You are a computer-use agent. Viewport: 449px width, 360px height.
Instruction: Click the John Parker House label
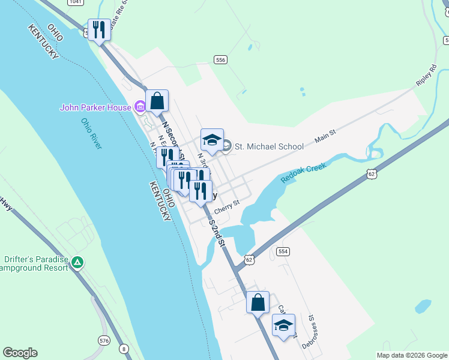click(x=95, y=107)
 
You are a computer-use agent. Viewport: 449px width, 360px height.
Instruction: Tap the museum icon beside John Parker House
click(x=140, y=107)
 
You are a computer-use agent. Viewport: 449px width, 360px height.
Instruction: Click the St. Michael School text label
click(x=269, y=146)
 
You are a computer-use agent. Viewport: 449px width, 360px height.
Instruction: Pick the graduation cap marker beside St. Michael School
click(x=212, y=140)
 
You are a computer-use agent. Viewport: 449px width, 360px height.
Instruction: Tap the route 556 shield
click(x=220, y=59)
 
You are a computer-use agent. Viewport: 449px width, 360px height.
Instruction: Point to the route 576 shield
click(x=104, y=340)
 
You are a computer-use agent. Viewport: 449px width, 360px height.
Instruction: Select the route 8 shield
click(x=124, y=348)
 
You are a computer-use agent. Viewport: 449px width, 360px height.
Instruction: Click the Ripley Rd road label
click(x=426, y=74)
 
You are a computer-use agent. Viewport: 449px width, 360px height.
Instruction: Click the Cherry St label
click(x=227, y=205)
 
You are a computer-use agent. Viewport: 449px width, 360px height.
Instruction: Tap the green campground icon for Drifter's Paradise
click(x=77, y=262)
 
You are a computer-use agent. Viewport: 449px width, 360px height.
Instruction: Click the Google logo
click(x=20, y=352)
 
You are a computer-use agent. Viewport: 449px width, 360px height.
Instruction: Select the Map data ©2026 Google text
click(x=412, y=355)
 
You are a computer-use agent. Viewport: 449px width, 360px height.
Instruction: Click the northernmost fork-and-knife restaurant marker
click(x=99, y=29)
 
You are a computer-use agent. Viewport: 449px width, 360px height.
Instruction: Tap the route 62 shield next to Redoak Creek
click(x=372, y=174)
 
